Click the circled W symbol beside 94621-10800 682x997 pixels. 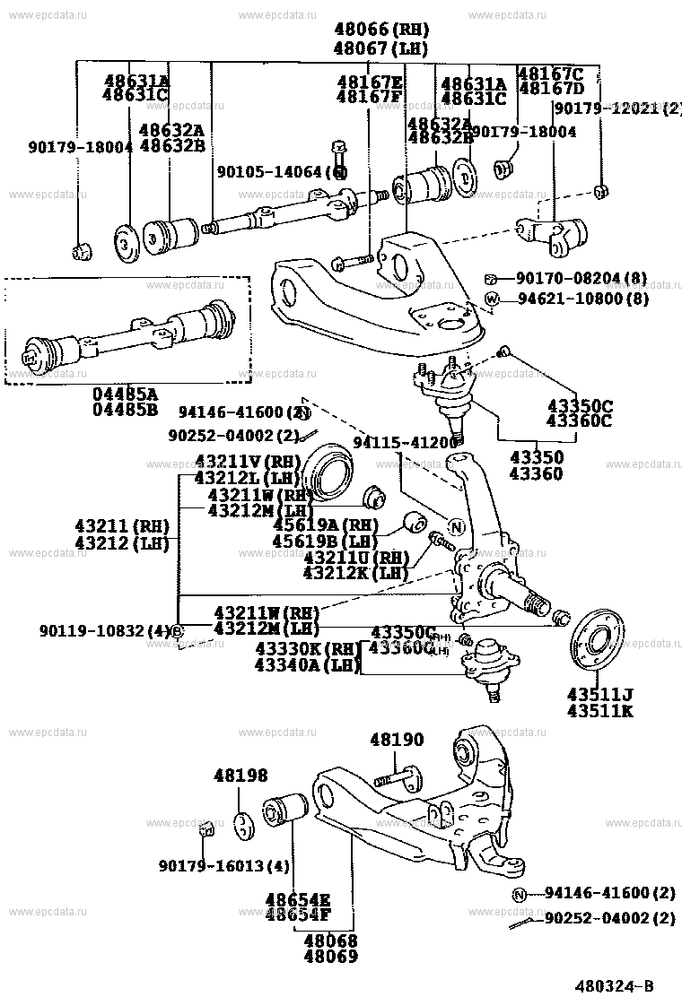click(492, 298)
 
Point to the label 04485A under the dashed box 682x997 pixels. click(125, 394)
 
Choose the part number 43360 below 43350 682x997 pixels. click(537, 473)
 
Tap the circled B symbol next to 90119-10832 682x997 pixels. click(177, 631)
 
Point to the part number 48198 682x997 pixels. click(240, 776)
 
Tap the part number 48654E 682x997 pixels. click(297, 898)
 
